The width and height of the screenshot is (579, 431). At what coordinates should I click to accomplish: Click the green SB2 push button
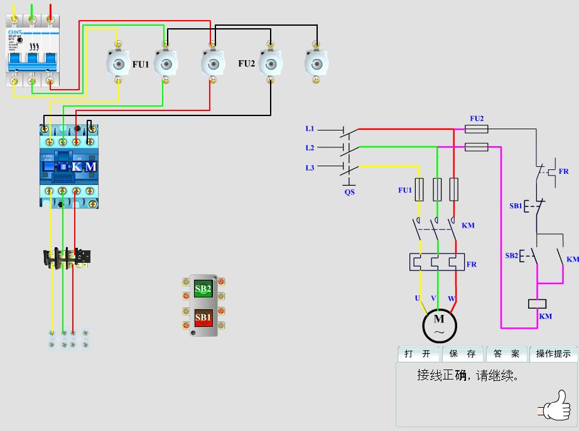(x=203, y=289)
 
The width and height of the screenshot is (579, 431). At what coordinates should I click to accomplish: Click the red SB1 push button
(x=203, y=317)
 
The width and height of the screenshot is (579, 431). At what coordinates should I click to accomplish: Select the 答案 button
(x=506, y=354)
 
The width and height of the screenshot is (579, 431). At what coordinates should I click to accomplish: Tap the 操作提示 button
(x=553, y=354)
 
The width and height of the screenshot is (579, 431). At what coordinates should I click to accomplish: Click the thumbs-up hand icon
(x=556, y=405)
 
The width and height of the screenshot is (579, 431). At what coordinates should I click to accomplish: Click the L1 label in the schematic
(x=310, y=129)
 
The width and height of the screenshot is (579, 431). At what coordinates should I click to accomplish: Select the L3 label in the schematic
(x=310, y=168)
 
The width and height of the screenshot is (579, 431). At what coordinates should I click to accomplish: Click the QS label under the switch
(x=349, y=192)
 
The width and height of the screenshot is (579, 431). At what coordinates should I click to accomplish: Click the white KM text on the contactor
(x=84, y=167)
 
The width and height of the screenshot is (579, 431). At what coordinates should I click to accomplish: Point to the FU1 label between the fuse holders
(x=141, y=64)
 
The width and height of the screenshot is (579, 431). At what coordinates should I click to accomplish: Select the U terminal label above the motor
(x=417, y=297)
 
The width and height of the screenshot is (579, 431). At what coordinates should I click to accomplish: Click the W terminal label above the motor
(x=451, y=297)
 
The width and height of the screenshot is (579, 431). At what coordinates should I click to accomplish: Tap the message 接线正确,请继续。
(x=468, y=376)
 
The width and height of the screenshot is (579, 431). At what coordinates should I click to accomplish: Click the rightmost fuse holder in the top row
(x=317, y=63)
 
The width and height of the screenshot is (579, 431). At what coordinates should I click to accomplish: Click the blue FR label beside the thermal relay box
(x=471, y=264)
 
